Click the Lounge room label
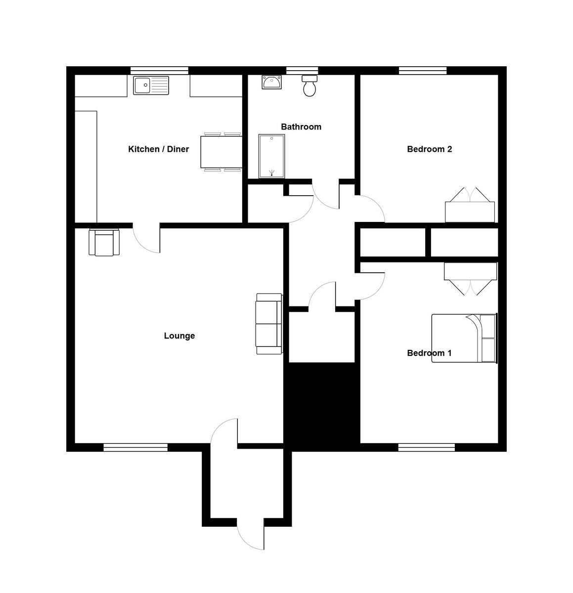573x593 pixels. point(179,336)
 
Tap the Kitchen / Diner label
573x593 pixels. point(158,149)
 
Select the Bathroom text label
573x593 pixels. point(301,127)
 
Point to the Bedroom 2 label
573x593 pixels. point(429,149)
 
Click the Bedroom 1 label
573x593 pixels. point(429,353)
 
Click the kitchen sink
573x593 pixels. point(151,85)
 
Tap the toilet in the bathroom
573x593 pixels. point(309,86)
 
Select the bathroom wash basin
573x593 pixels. point(271,82)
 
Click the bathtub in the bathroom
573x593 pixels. point(272,156)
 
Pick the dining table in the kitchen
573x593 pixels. point(221,152)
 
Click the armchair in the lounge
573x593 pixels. point(104,243)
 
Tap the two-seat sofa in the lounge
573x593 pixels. point(268,324)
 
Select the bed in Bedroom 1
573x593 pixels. point(463,339)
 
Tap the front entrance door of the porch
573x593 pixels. point(250,534)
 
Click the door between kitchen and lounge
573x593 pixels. point(146,238)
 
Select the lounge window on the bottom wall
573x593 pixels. point(135,448)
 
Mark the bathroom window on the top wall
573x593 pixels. point(302,70)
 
